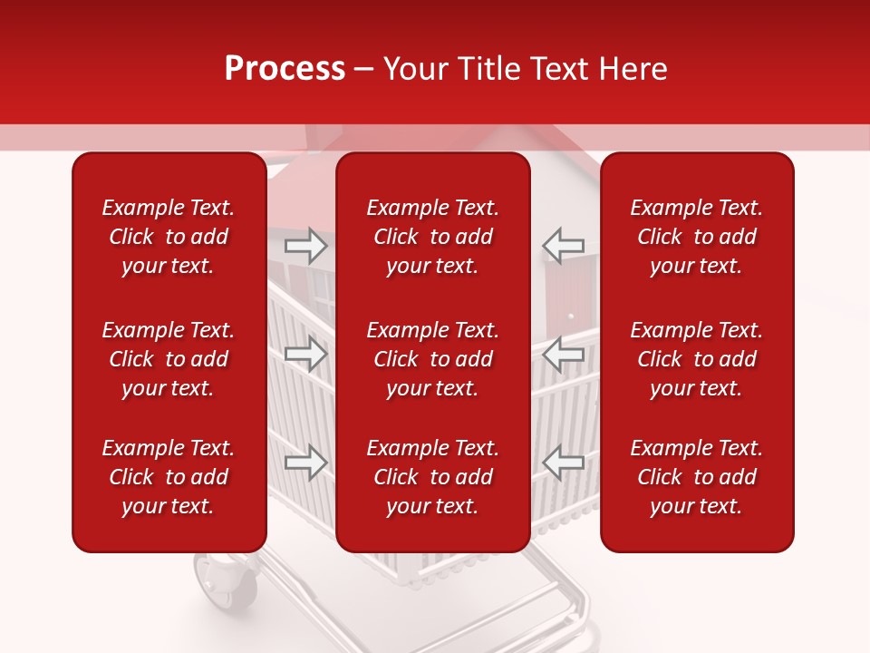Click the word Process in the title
click(x=285, y=69)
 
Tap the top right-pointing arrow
click(x=305, y=246)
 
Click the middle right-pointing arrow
click(x=305, y=354)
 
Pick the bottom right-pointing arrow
click(x=305, y=463)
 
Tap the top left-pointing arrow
click(x=564, y=246)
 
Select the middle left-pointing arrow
click(x=564, y=354)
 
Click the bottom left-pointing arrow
click(x=564, y=463)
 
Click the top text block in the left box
click(x=169, y=237)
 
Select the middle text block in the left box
click(x=169, y=359)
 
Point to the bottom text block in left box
click(x=169, y=477)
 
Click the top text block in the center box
click(x=432, y=237)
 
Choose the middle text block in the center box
click(x=432, y=359)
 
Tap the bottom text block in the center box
click(x=432, y=477)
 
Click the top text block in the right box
click(x=696, y=237)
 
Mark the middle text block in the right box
click(x=696, y=359)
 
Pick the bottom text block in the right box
click(x=696, y=477)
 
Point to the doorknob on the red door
click(x=570, y=317)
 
